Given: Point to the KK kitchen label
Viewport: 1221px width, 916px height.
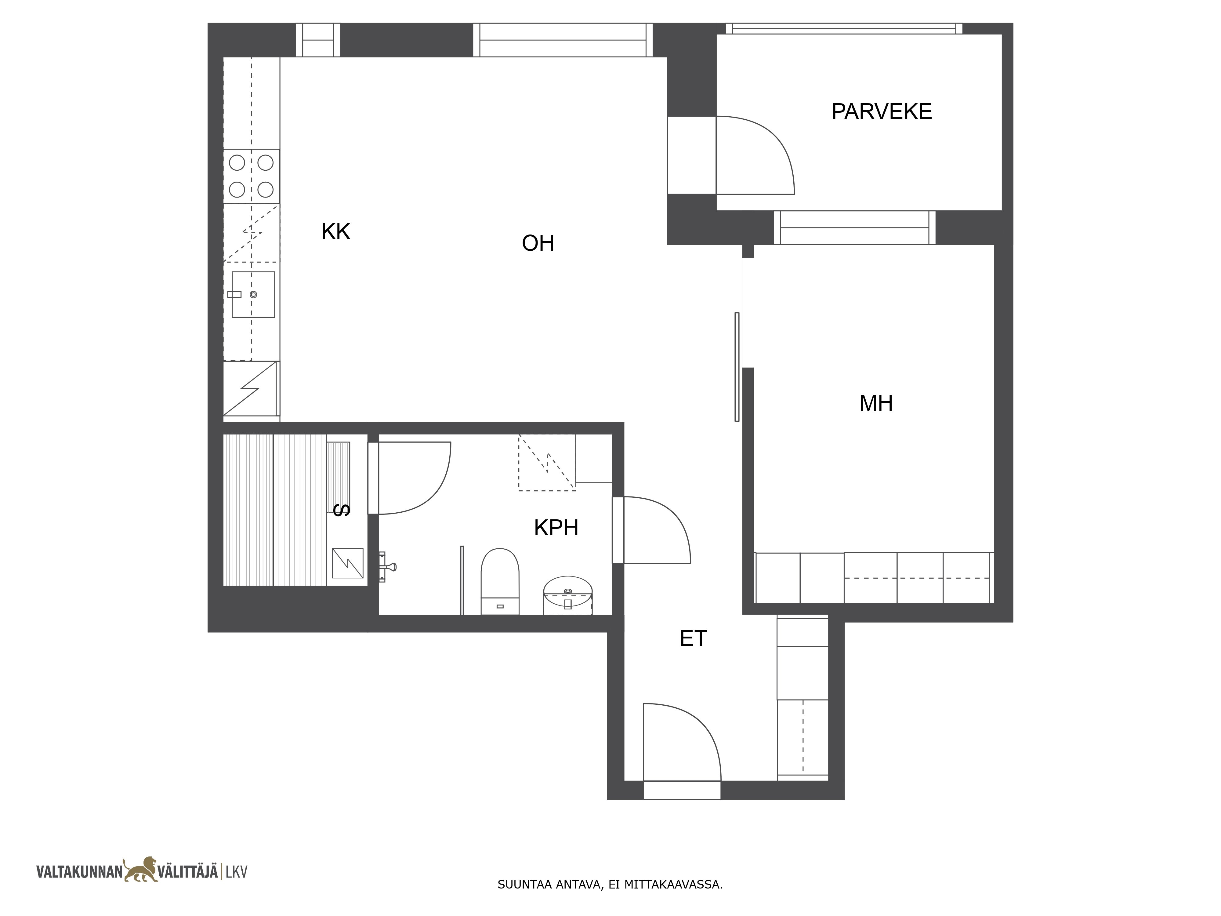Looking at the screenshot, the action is pos(335,231).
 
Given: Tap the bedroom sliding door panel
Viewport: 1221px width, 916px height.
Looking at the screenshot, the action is pos(737,367).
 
